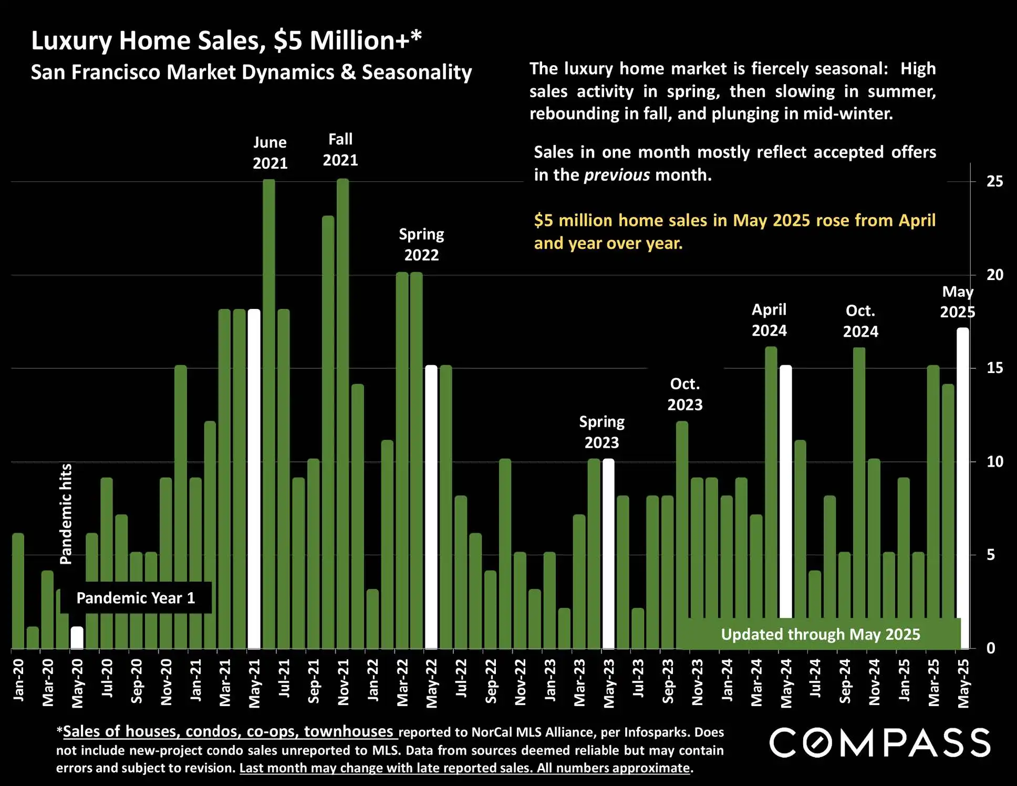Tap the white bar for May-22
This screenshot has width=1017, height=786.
point(431,507)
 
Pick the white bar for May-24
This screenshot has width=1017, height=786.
point(785,491)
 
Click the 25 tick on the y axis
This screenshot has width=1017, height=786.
point(994,182)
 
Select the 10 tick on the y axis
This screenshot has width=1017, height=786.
point(994,462)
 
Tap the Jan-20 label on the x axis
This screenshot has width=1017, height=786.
point(18,680)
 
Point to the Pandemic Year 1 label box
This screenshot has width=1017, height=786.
point(136,598)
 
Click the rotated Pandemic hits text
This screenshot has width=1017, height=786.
point(66,514)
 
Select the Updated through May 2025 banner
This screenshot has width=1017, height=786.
point(820,634)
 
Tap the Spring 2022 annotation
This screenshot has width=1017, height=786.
point(421,244)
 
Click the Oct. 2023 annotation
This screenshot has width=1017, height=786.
point(685,394)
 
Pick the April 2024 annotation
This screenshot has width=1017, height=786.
point(769,320)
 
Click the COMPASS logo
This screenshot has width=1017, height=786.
point(880,743)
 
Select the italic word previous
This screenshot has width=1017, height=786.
point(617,175)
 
